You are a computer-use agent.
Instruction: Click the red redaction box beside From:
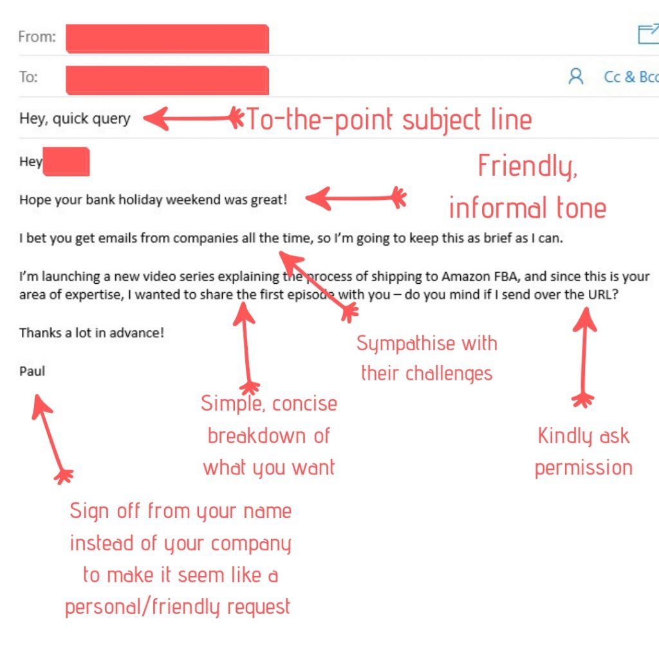point(167,39)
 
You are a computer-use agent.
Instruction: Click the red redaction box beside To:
point(167,80)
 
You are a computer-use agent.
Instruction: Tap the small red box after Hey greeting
point(66,162)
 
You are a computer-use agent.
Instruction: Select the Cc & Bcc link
point(631,77)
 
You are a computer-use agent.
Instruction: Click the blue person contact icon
point(576,77)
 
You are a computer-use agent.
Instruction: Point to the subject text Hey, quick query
point(75,119)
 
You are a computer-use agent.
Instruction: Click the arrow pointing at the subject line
point(193,118)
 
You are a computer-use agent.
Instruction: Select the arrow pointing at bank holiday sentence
point(356,198)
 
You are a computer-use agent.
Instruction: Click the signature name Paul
point(32,371)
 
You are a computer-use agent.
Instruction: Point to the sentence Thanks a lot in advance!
point(91,333)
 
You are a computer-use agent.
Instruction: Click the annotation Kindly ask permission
point(583,452)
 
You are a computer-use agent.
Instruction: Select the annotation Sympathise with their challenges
point(427,358)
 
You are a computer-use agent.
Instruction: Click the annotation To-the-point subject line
point(389,120)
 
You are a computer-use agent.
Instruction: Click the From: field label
point(37,37)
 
